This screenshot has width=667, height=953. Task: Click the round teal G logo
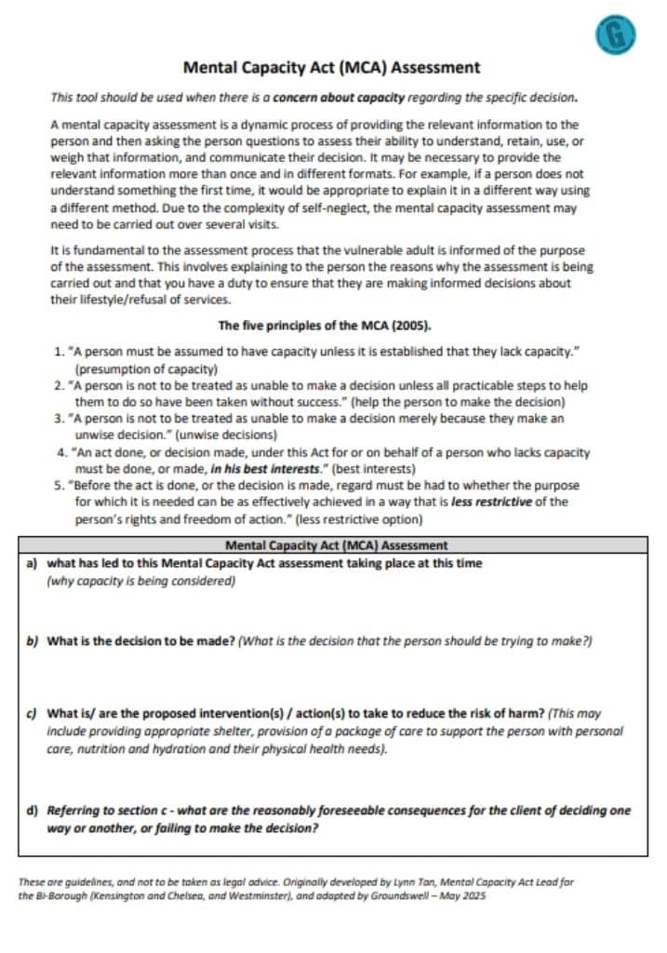pyautogui.click(x=614, y=35)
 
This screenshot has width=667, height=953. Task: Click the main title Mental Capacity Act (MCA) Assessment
pyautogui.click(x=332, y=68)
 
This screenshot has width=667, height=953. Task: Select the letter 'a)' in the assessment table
pyautogui.click(x=32, y=564)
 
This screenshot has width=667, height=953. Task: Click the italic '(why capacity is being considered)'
pyautogui.click(x=140, y=581)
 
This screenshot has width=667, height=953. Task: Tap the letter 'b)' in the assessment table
pyautogui.click(x=32, y=642)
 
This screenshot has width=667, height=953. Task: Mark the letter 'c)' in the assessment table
pyautogui.click(x=32, y=715)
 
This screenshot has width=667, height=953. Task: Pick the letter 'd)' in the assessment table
pyautogui.click(x=32, y=811)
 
